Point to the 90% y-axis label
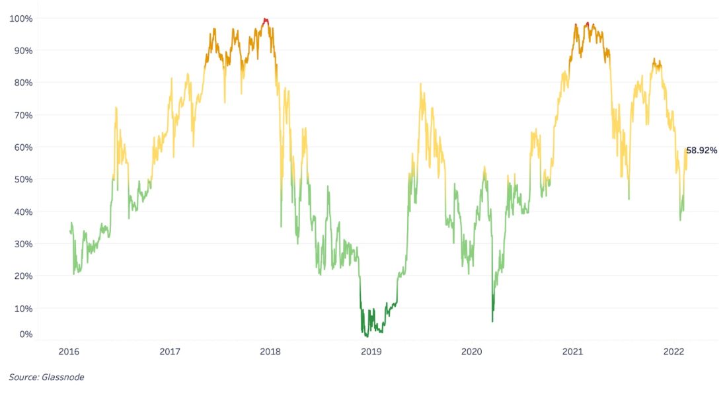tap(22, 50)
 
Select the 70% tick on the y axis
tap(22, 115)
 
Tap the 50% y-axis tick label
tap(22, 179)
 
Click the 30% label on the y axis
tap(22, 244)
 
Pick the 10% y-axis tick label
tap(22, 308)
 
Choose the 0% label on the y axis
tap(24, 335)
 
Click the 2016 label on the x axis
tap(69, 352)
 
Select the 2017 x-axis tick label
tap(170, 352)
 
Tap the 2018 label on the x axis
tap(270, 352)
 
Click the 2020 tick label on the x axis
tap(471, 352)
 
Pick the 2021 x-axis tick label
tap(572, 352)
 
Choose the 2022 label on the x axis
tap(673, 352)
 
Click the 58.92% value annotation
tap(701, 151)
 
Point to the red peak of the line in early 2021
tap(588, 24)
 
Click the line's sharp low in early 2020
tap(492, 321)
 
